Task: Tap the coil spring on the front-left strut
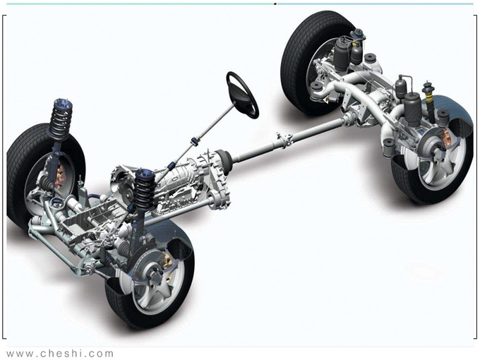[60, 122]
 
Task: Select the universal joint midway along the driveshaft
[284, 140]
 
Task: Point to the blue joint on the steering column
[195, 141]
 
